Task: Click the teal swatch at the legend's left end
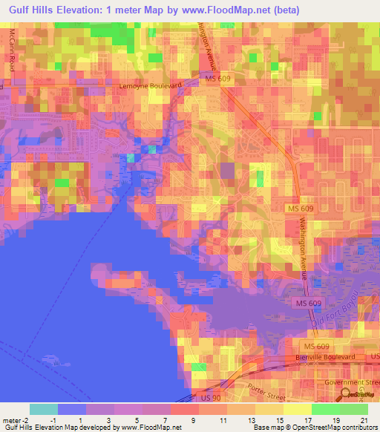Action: pos(43,409)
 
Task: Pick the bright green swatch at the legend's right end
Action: pos(353,409)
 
